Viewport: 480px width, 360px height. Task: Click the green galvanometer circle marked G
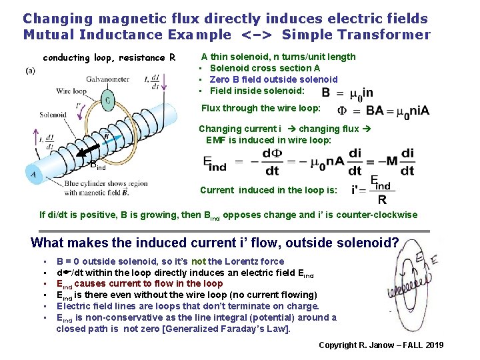point(108,102)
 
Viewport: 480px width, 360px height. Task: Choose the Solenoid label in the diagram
point(53,115)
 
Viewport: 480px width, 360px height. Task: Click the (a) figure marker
point(30,71)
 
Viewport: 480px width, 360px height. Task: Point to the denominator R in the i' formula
point(381,199)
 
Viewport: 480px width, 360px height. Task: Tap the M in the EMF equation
point(392,163)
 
